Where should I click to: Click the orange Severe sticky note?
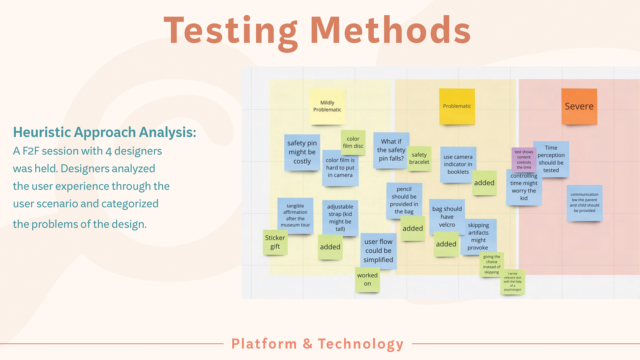tap(579, 106)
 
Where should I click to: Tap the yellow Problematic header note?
tap(457, 106)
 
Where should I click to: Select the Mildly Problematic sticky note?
tap(327, 106)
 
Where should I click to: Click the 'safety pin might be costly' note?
tap(302, 152)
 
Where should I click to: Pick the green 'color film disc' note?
tap(353, 142)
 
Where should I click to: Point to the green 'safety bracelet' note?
tap(419, 158)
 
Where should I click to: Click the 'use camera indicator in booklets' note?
tap(458, 164)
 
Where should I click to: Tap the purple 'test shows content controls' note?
tap(524, 159)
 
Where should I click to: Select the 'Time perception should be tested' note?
tap(551, 159)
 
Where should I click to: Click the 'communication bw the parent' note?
tap(584, 203)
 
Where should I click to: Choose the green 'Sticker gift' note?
tap(275, 242)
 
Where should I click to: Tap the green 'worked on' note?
tap(367, 280)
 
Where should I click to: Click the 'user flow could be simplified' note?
tap(378, 251)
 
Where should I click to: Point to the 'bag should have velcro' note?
tap(447, 217)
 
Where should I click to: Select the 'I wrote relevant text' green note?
tap(513, 282)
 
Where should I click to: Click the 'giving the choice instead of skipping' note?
tap(492, 264)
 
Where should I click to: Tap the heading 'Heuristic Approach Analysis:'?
tap(105, 132)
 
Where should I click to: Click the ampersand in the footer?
tap(308, 344)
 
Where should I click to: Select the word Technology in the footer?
tap(361, 344)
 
